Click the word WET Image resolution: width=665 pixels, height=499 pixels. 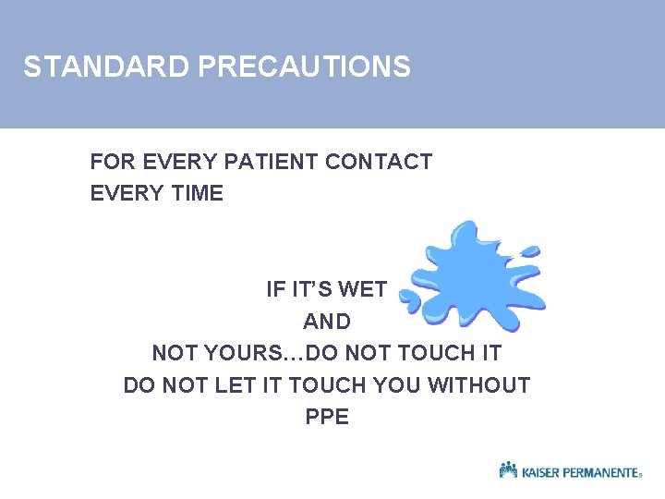pyautogui.click(x=363, y=289)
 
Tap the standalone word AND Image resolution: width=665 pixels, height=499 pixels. pyautogui.click(x=327, y=322)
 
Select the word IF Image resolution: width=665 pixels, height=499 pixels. pyautogui.click(x=275, y=289)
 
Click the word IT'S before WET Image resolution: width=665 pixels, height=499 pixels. pyautogui.click(x=311, y=289)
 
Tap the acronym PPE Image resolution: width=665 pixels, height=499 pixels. pyautogui.click(x=327, y=417)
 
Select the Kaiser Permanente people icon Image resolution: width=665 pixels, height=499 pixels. pyautogui.click(x=508, y=470)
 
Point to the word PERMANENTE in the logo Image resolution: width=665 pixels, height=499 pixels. pyautogui.click(x=602, y=472)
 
